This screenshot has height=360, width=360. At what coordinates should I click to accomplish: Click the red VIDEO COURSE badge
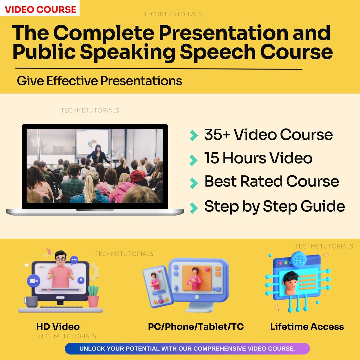[40, 9]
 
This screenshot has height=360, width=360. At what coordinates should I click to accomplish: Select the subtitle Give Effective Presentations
[99, 81]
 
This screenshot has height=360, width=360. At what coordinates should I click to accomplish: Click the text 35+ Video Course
[268, 135]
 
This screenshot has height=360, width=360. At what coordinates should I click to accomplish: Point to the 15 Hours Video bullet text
[258, 158]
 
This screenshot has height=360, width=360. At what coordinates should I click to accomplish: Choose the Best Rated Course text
[271, 182]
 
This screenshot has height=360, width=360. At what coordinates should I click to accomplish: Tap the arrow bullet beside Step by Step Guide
[193, 208]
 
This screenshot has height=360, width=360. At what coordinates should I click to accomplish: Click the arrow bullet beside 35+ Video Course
[193, 136]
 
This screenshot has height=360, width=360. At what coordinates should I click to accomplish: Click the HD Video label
[58, 327]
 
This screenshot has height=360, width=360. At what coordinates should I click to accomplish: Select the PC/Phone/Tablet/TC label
[196, 327]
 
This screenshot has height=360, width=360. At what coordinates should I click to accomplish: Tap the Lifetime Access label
[307, 327]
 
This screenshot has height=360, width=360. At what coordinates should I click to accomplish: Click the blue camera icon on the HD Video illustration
[33, 281]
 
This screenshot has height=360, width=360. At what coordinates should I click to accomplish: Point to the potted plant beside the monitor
[93, 297]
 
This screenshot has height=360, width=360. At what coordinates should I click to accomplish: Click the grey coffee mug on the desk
[31, 302]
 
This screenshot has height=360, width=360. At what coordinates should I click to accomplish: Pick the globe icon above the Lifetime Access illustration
[298, 259]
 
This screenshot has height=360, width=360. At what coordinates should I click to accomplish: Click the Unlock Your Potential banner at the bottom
[187, 349]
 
